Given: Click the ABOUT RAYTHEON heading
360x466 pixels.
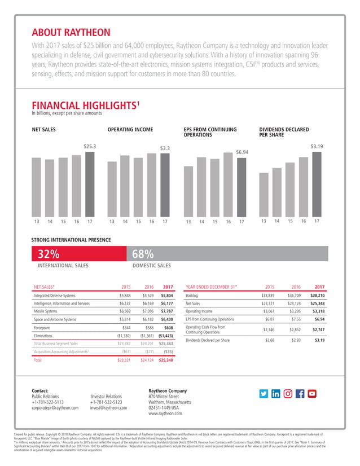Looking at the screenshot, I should point(71,32).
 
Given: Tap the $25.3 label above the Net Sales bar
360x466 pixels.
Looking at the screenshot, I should point(90,147).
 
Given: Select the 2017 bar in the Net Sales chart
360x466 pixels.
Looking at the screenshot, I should point(90,183).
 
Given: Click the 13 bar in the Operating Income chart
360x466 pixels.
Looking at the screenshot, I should point(112,188).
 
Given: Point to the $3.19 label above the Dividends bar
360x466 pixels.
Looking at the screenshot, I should point(317,147).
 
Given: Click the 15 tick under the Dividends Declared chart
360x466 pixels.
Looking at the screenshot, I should point(290,221).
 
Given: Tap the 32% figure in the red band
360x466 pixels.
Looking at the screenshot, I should point(49,253).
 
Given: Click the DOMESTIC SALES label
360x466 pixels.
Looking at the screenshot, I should point(151,265).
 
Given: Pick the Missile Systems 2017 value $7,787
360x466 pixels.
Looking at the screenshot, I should point(166,310).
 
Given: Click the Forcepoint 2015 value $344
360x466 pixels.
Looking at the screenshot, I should point(126,327).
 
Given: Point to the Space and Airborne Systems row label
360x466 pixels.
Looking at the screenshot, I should point(55,319).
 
